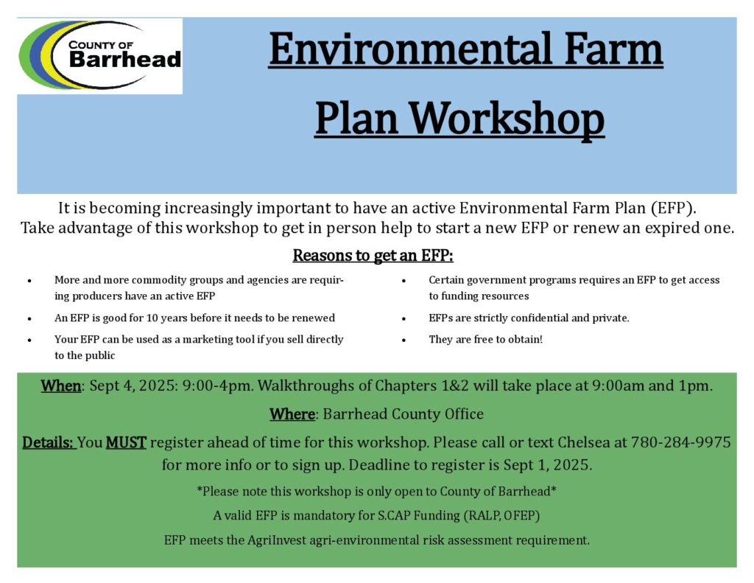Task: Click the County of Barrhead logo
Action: click(100, 55)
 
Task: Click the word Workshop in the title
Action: click(507, 119)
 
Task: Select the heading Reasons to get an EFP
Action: click(373, 255)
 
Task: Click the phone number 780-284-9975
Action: click(680, 442)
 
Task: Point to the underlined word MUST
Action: click(126, 442)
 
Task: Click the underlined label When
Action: click(60, 385)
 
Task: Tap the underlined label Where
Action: click(292, 414)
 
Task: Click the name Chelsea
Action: click(583, 442)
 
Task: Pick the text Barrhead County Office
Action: click(403, 414)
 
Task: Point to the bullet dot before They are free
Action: click(404, 341)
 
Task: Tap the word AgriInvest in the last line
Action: click(277, 540)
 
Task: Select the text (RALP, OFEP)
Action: click(501, 516)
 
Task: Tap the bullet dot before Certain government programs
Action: click(404, 281)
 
